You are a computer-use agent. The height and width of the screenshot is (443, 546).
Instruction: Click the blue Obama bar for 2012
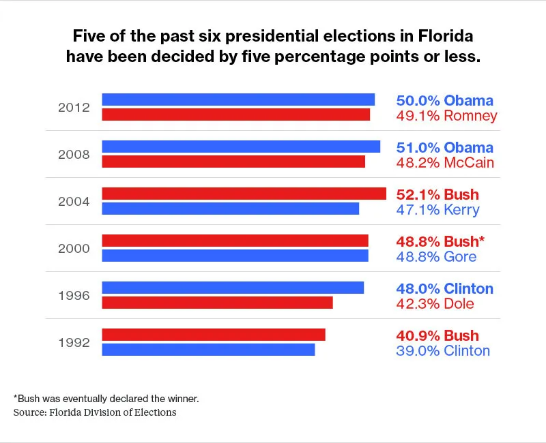point(238,100)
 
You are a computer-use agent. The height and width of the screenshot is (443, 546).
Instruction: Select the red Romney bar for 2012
point(235,114)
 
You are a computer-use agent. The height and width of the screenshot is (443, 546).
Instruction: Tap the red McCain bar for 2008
point(233,162)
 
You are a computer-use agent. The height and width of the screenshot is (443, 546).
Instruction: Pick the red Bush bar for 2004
point(244,194)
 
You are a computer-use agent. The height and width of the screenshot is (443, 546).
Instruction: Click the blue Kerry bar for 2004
point(230,209)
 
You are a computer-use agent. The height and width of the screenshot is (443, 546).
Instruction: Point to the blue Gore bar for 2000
point(235,256)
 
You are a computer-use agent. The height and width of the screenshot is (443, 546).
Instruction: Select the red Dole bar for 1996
point(217,303)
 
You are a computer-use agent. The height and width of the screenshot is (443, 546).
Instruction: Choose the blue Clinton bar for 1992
point(208,350)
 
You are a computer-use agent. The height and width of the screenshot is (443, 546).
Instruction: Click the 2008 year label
point(74,155)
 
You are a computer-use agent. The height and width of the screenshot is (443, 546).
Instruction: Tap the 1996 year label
point(74,296)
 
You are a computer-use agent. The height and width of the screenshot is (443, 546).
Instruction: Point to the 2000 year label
point(74,249)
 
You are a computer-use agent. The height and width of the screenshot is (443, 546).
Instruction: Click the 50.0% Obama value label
point(444,101)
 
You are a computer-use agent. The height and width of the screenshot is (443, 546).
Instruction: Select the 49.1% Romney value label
point(446,116)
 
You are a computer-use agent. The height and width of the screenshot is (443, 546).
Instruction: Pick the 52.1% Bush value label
point(437,195)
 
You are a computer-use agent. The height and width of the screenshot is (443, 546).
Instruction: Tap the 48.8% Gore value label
point(436,257)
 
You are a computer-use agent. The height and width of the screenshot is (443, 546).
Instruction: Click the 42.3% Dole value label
point(435,304)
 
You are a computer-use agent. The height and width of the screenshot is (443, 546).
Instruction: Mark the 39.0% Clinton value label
point(443,351)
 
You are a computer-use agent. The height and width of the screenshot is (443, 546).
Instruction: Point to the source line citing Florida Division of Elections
point(95,412)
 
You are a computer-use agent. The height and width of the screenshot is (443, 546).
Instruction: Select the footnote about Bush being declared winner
point(106,398)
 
